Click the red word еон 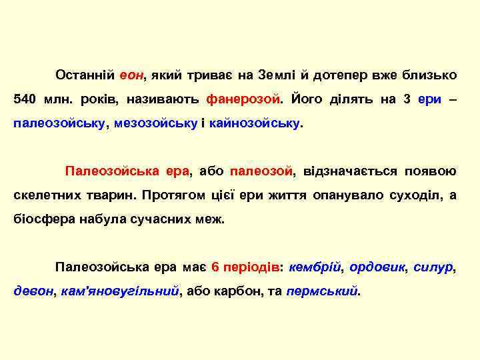click(132, 75)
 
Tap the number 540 click(25, 99)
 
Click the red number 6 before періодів click(215, 267)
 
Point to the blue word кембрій click(317, 267)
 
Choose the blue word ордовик click(377, 267)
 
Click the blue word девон click(34, 291)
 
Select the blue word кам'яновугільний click(120, 291)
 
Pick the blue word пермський click(322, 291)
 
